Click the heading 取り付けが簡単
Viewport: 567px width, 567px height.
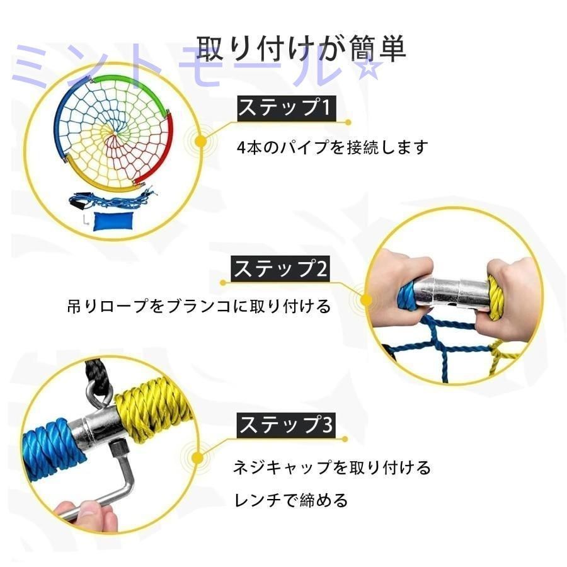coord(301,49)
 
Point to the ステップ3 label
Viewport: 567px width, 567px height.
coord(284,425)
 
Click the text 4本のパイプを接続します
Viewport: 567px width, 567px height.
coord(332,148)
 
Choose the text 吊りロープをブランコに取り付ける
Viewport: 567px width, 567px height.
coord(199,307)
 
